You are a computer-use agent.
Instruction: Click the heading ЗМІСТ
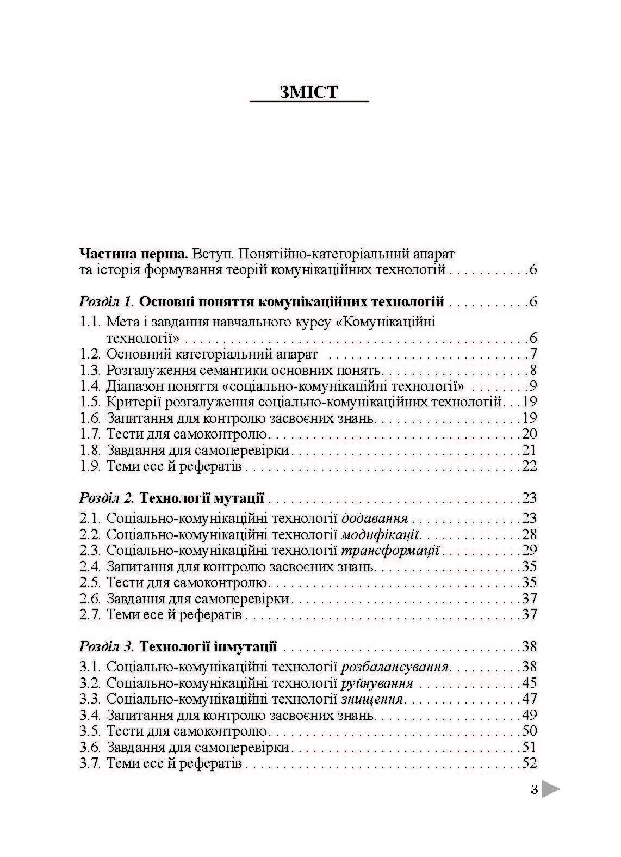point(309,91)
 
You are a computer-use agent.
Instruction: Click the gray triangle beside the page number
point(550,790)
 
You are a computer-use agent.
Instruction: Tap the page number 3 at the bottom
point(534,790)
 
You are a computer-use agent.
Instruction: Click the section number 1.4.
point(90,386)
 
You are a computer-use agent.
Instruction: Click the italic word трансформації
point(390,550)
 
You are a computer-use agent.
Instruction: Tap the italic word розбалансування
point(395,667)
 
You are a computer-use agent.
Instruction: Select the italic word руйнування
point(377,683)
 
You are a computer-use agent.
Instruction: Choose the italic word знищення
point(371,699)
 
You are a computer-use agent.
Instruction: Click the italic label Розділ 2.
point(107,498)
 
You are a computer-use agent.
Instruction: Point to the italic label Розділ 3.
point(107,647)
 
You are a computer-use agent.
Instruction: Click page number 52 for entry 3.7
point(529,763)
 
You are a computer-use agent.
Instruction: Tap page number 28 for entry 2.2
point(529,534)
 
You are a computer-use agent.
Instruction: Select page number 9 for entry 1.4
point(533,386)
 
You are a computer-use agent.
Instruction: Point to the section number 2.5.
point(90,583)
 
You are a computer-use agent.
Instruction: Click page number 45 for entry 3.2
point(529,683)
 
